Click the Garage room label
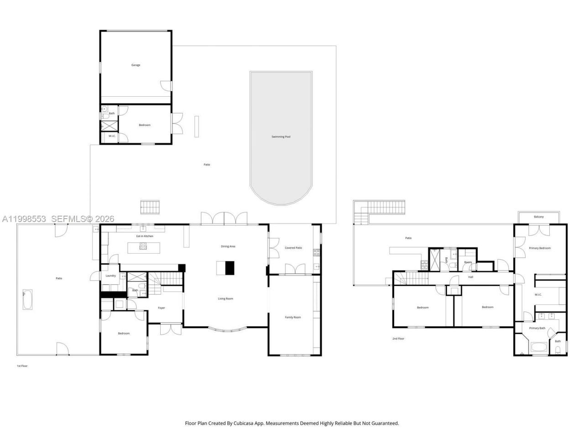(136, 65)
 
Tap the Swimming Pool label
(281, 137)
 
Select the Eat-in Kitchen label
(145, 236)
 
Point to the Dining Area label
(228, 246)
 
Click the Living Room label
(225, 299)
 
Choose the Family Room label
(293, 317)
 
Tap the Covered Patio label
(293, 248)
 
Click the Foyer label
(162, 308)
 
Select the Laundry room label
(110, 276)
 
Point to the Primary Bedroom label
(540, 248)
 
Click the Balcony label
(539, 217)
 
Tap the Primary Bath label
(537, 328)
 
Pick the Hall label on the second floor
(470, 277)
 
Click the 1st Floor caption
(22, 366)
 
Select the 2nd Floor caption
(398, 339)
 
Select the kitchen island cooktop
(143, 247)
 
